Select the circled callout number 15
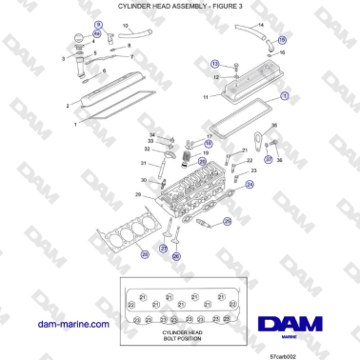pos(281,40)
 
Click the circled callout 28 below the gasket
pos(143,254)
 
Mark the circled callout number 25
pos(228,221)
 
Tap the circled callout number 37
pos(269,160)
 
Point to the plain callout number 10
pos(125,26)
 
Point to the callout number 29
pos(138,195)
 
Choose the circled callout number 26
pos(176,255)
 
